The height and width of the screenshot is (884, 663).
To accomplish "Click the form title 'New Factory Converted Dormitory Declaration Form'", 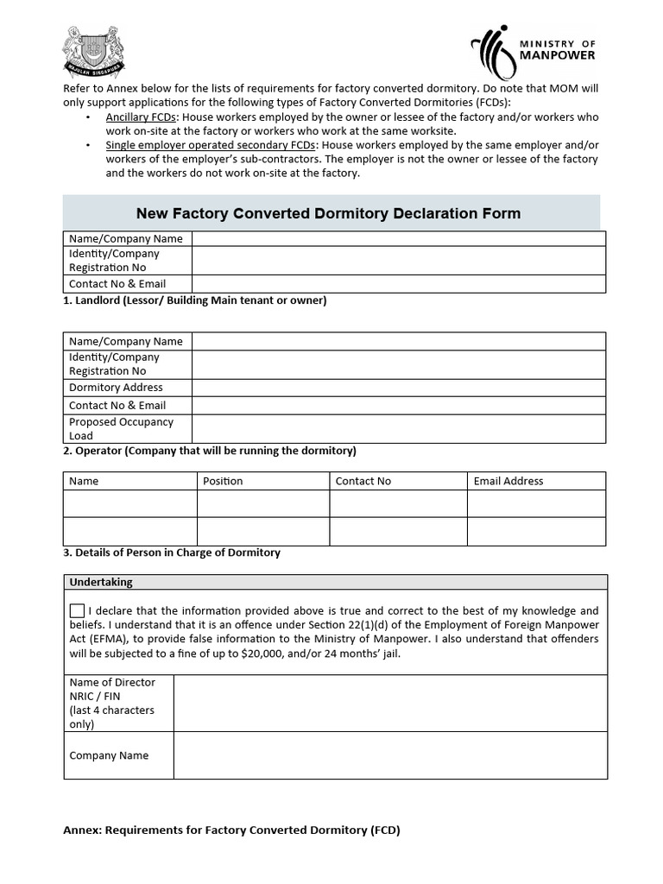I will click(x=329, y=213).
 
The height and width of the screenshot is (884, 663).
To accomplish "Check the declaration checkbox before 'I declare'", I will click(x=78, y=611).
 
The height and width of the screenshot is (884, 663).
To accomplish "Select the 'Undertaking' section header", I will click(x=101, y=582).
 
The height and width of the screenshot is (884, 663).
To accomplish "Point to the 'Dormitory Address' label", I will click(x=116, y=388).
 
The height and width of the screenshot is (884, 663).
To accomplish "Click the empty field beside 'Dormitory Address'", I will click(x=398, y=388).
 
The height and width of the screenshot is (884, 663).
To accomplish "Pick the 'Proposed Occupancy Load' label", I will click(x=121, y=429).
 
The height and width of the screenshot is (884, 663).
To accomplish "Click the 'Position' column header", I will click(x=223, y=481).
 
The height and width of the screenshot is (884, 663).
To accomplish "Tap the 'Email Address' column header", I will click(x=508, y=481).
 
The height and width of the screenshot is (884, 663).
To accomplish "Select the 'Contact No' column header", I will click(x=363, y=481).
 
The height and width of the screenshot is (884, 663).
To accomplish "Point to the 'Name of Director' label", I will click(x=112, y=682).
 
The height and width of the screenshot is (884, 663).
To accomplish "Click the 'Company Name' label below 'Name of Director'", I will click(x=109, y=755).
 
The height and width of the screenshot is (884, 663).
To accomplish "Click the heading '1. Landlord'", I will click(x=194, y=300).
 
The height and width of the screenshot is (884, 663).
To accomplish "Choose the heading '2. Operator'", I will click(x=209, y=451).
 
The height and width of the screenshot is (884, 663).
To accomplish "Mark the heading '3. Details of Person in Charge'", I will click(x=171, y=552).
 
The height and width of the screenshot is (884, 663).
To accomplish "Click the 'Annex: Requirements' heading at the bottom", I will click(x=231, y=830).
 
